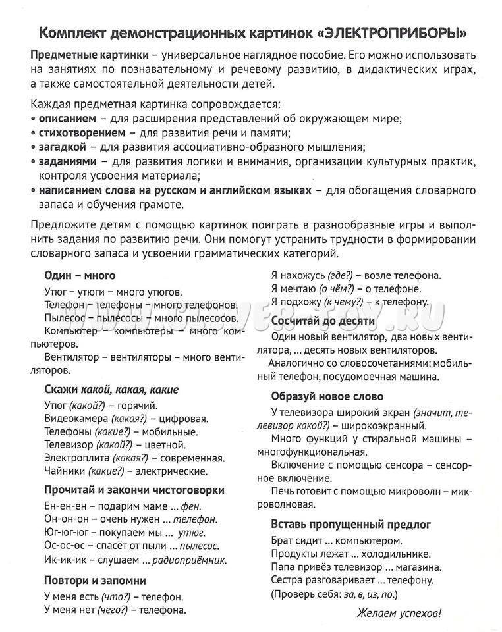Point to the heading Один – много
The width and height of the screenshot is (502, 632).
[x=80, y=275]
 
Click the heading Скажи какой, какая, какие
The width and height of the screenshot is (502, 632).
[x=111, y=389]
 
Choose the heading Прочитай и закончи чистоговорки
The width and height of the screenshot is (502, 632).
[x=134, y=490]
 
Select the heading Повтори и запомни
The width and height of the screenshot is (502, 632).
[x=95, y=580]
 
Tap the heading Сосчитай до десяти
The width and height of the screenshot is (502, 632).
[x=323, y=321]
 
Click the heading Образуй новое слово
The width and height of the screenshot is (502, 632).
[x=327, y=396]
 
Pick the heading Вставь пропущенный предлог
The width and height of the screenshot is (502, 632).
[x=351, y=524]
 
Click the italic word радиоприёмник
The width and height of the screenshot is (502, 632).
[x=190, y=560]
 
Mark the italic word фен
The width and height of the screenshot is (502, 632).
[x=192, y=506]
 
